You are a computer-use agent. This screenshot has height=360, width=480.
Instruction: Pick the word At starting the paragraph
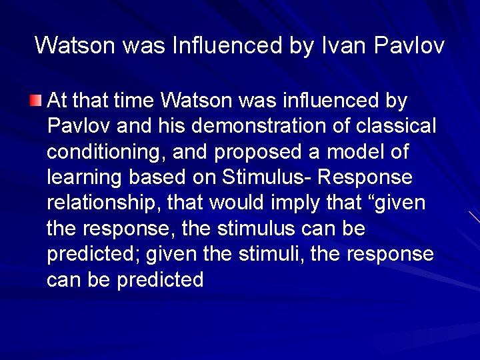(x=57, y=101)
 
